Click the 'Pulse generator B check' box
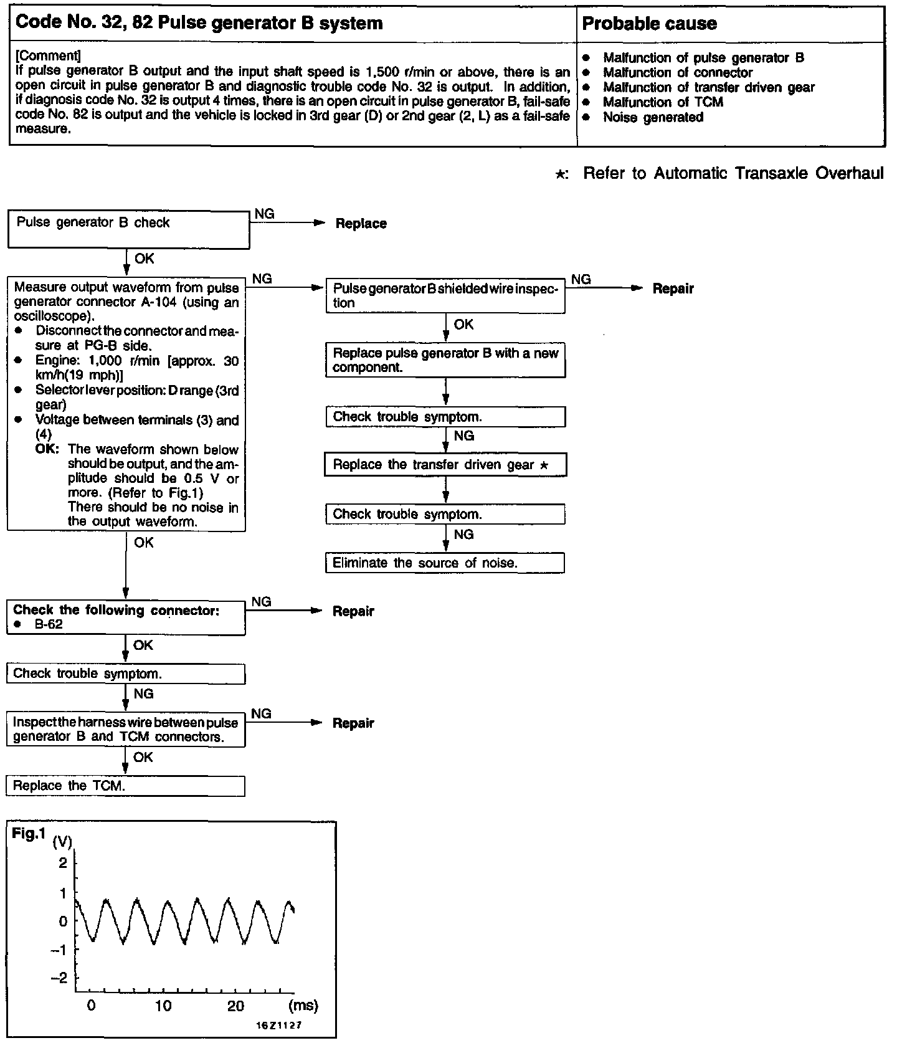click(x=128, y=229)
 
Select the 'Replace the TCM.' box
click(x=125, y=785)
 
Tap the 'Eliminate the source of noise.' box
click(x=445, y=563)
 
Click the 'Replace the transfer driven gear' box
click(x=445, y=465)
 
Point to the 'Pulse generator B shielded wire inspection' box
click(x=445, y=296)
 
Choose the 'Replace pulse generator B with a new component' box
click(x=445, y=360)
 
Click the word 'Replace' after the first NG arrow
click(x=361, y=224)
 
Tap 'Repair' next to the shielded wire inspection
click(x=673, y=289)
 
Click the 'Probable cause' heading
click(x=649, y=24)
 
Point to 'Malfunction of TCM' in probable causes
click(x=663, y=102)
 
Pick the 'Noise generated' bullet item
click(x=653, y=117)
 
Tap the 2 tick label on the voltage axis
click(x=62, y=862)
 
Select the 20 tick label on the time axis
click(x=235, y=1006)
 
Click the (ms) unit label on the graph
click(x=303, y=1006)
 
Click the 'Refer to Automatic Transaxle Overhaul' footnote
click(x=733, y=173)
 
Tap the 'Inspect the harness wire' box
click(x=126, y=730)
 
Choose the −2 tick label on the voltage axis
click(x=60, y=978)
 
